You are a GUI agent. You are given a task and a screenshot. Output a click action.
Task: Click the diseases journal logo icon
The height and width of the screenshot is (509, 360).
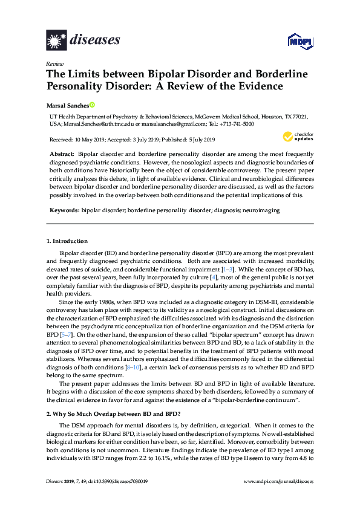(x=56, y=41)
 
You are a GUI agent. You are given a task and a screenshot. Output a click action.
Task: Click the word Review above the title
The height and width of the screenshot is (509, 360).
(x=54, y=63)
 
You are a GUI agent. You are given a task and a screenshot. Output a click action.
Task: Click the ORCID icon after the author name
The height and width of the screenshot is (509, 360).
(x=93, y=105)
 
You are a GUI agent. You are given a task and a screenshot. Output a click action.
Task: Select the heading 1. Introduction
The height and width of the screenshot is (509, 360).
(x=67, y=241)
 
